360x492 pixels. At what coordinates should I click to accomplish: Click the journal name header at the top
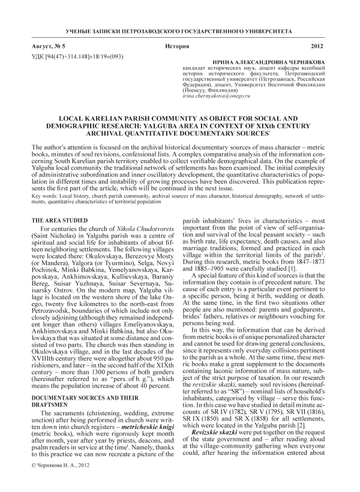coord(180,29)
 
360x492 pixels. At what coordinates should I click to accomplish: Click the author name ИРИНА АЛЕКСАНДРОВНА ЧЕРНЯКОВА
coord(280,62)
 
